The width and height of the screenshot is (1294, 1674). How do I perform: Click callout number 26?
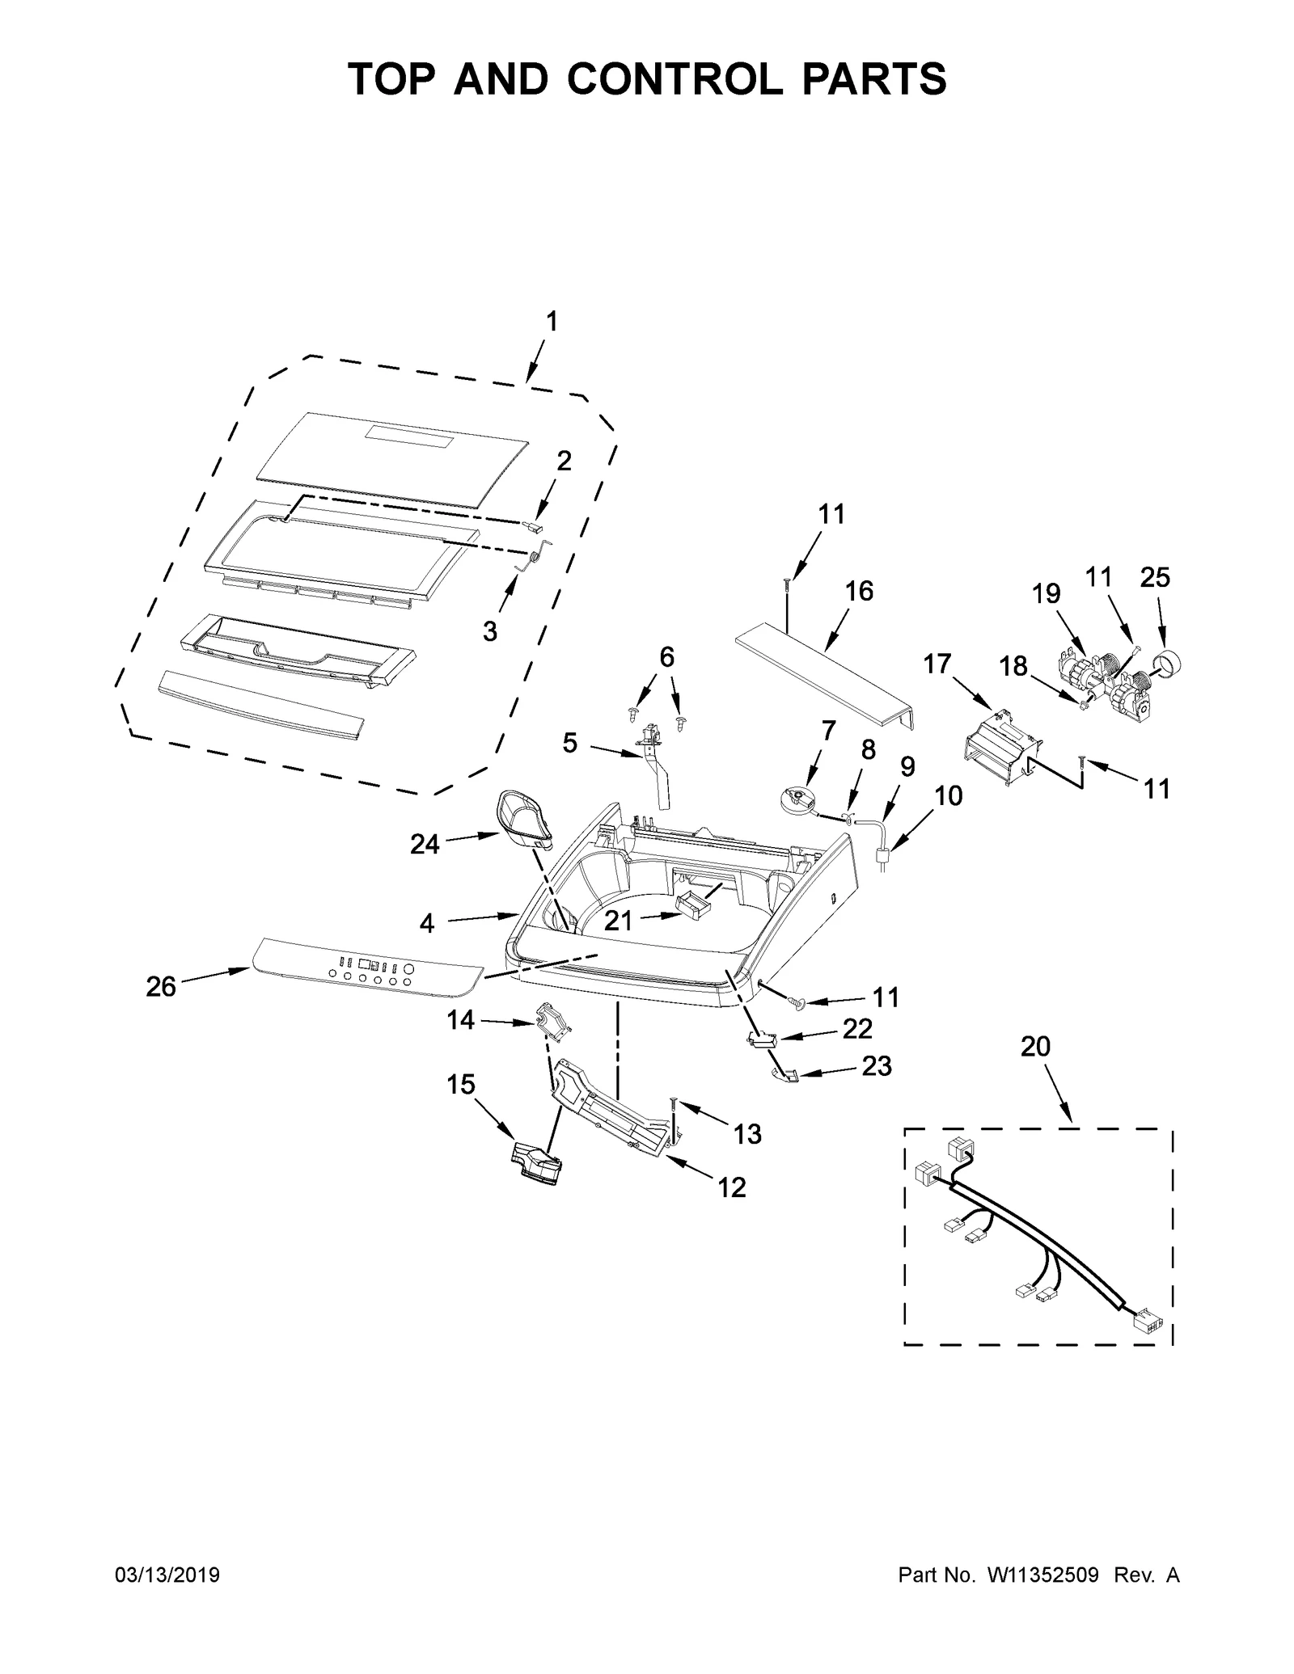[x=161, y=986]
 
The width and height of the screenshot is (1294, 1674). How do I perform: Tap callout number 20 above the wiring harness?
[x=1035, y=1046]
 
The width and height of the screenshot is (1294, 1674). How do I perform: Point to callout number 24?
[x=425, y=844]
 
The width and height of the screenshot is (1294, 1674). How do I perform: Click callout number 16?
[x=859, y=591]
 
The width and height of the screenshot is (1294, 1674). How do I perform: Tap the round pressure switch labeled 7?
[x=794, y=799]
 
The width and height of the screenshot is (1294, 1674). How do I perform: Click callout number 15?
[x=461, y=1084]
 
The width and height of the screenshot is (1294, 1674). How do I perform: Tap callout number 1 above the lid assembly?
[x=550, y=322]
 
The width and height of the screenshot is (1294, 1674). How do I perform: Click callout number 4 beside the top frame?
[x=427, y=923]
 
